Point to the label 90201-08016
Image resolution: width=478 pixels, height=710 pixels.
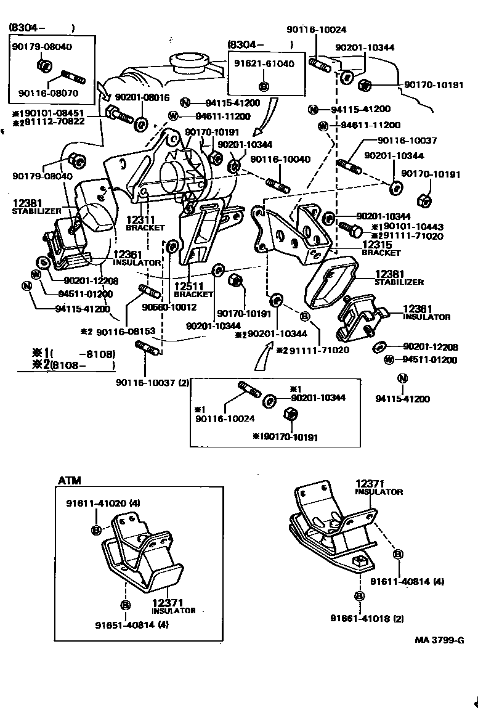tap(142, 97)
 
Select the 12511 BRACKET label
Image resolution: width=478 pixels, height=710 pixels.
tap(193, 290)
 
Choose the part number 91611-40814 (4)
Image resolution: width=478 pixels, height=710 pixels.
tap(407, 581)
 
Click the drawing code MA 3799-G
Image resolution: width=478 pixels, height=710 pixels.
tap(439, 640)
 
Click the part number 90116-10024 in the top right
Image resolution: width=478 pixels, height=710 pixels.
tap(316, 28)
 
